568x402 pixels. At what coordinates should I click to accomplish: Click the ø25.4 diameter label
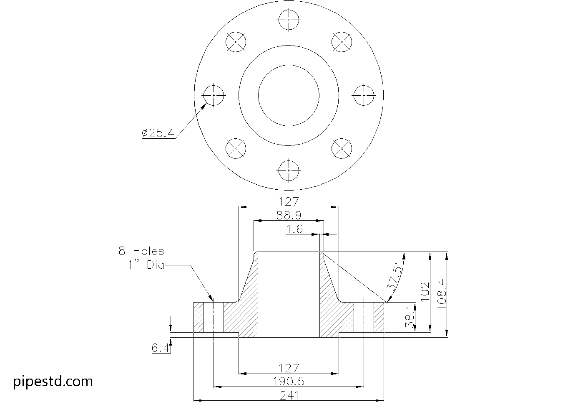click(x=158, y=133)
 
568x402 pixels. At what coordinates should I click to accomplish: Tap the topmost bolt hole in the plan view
click(x=289, y=20)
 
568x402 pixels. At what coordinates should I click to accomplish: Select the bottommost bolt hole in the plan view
click(x=289, y=170)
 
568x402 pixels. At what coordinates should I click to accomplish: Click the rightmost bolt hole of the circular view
click(x=364, y=95)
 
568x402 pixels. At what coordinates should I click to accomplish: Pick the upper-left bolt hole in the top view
click(x=236, y=42)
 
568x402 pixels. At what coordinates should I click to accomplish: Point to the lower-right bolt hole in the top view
click(x=342, y=148)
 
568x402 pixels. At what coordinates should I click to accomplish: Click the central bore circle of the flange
click(x=289, y=95)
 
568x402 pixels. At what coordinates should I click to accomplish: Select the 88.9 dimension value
click(x=289, y=215)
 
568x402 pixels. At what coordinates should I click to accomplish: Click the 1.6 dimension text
click(x=294, y=229)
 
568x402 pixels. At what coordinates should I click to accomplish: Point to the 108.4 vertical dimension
click(x=442, y=294)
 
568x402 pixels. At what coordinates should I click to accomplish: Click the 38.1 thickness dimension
click(x=410, y=317)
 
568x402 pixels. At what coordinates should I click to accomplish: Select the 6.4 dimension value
click(x=161, y=348)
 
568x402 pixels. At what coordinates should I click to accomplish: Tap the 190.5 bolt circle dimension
click(x=289, y=381)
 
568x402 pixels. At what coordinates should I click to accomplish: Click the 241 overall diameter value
click(x=289, y=395)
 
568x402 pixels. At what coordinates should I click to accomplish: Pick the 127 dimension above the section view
click(x=289, y=201)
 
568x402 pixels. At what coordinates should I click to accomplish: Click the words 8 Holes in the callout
click(x=141, y=251)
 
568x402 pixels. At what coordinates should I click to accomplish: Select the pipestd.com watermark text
click(x=53, y=381)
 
